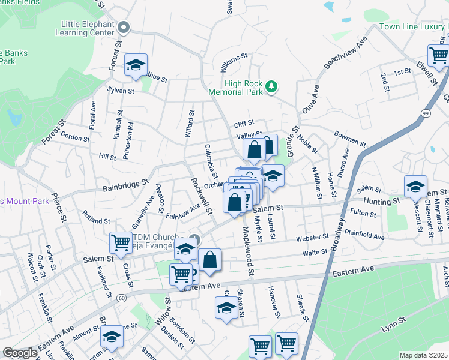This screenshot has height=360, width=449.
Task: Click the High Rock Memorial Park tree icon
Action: pyautogui.click(x=271, y=87)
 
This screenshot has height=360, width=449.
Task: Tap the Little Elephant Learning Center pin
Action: pyautogui.click(x=124, y=27)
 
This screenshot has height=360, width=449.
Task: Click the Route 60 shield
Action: pyautogui.click(x=121, y=298)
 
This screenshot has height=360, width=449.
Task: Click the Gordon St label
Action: pyautogui.click(x=75, y=137)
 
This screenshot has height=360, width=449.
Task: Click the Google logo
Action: pyautogui.click(x=20, y=353)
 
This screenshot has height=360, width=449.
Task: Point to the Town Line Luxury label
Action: pyautogui.click(x=414, y=27)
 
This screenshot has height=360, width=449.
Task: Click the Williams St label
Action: pyautogui.click(x=234, y=60)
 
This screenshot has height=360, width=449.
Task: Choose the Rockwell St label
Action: pyautogui.click(x=202, y=196)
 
